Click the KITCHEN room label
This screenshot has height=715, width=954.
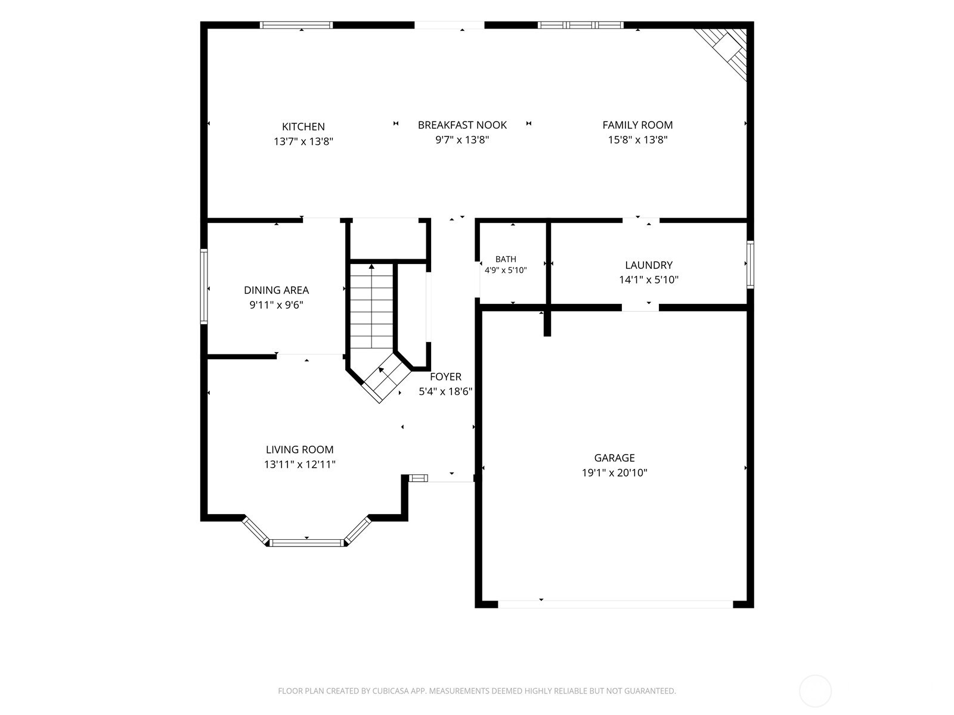[303, 127]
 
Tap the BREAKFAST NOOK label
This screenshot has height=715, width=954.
[462, 125]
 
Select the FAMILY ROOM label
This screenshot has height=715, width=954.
[637, 125]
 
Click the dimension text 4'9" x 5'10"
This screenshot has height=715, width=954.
[506, 271]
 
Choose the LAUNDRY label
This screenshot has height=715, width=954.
[649, 265]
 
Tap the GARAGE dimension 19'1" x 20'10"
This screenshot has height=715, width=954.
[614, 472]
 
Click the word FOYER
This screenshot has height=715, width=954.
[445, 377]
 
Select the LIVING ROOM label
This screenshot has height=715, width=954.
[299, 450]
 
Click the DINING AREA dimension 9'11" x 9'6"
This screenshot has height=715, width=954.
[276, 304]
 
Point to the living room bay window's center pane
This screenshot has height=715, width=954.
[306, 542]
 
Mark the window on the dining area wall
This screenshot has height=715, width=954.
[203, 286]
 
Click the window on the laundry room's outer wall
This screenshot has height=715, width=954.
[750, 265]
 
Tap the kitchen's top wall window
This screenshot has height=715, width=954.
[296, 25]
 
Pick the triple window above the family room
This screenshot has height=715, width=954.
[580, 25]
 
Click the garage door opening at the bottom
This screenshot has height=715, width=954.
[615, 604]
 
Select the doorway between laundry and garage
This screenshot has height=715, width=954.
[640, 307]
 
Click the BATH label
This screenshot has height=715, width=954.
[506, 259]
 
